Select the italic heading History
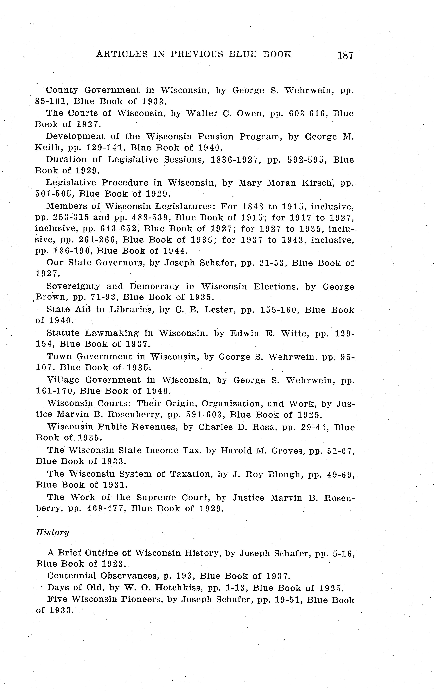click(x=52, y=532)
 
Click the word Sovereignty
click(x=73, y=286)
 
